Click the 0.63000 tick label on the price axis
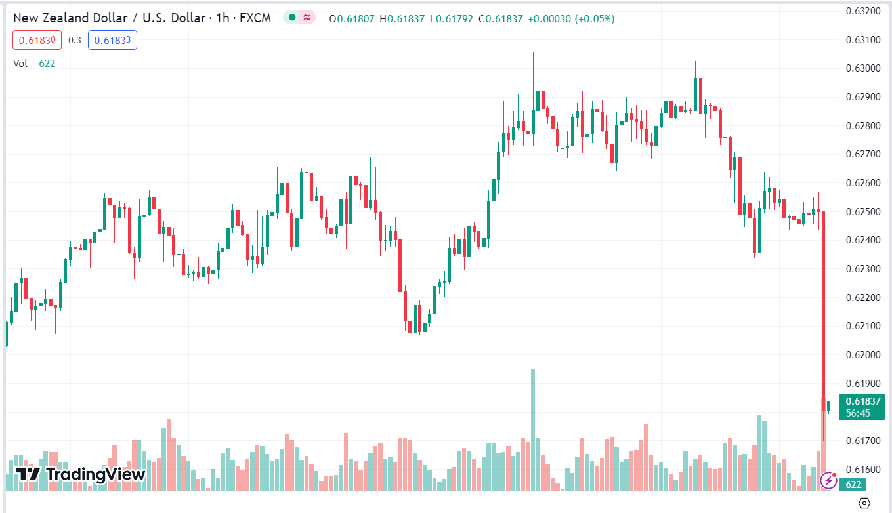[x=862, y=68]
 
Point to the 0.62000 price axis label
[x=862, y=355]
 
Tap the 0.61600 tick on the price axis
[x=862, y=470]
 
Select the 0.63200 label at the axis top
[x=862, y=11]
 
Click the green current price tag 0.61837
[x=862, y=401]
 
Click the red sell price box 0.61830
[x=37, y=40]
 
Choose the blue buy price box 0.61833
[x=112, y=40]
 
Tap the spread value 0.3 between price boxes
[x=75, y=40]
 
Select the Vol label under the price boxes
[x=20, y=63]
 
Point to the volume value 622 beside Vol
[x=47, y=63]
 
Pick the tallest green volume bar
[x=533, y=430]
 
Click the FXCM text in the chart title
[x=256, y=18]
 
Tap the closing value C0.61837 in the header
[x=501, y=19]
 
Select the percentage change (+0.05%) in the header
[x=595, y=19]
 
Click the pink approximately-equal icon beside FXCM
[x=307, y=18]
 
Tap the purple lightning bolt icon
[x=828, y=481]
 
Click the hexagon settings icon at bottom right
[x=864, y=503]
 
